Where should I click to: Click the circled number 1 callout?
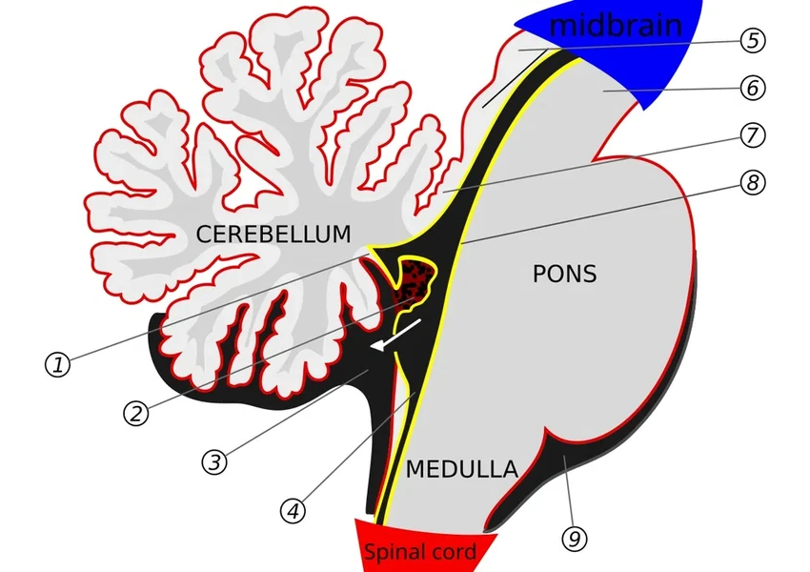point(58,364)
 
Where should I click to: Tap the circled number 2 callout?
point(136,413)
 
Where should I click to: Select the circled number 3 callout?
point(215,461)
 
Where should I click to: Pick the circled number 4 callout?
point(294,510)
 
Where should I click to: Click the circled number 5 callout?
point(752,41)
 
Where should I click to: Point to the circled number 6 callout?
point(752,89)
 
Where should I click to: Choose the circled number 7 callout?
point(752,135)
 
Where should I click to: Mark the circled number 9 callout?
point(574,540)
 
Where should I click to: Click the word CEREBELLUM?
point(273,234)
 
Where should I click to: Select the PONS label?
point(564,275)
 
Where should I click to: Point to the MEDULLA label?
point(461,469)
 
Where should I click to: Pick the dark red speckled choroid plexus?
point(415,281)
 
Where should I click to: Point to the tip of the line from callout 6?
point(606,89)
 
